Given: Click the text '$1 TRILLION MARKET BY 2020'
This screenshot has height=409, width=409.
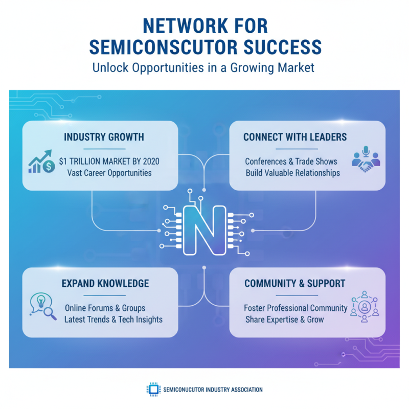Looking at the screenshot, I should [x=109, y=161].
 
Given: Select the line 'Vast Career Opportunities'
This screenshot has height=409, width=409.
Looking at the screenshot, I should [x=109, y=173].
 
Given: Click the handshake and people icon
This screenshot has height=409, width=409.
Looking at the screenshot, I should [x=366, y=158].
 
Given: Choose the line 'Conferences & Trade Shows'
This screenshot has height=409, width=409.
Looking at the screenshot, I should [x=291, y=161].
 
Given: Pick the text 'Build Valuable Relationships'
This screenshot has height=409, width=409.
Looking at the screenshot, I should [x=292, y=173].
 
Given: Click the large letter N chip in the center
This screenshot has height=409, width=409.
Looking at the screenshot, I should [x=204, y=230].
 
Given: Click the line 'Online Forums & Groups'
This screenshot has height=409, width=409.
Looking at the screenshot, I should [x=105, y=308].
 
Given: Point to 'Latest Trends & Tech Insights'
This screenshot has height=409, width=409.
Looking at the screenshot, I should [x=113, y=320].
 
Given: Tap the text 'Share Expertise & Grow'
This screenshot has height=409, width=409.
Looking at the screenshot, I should [x=284, y=320].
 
